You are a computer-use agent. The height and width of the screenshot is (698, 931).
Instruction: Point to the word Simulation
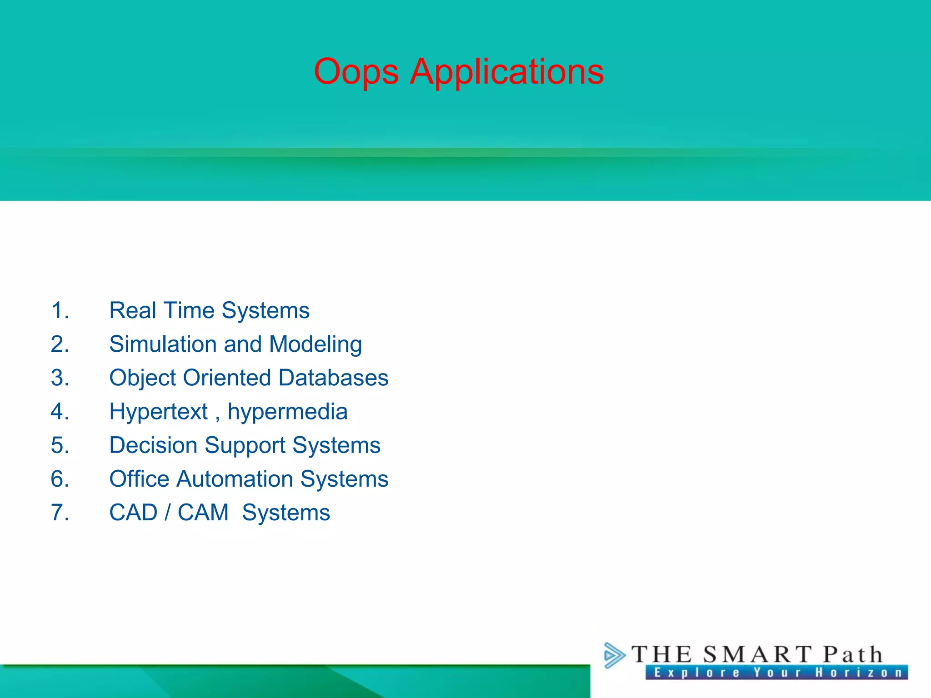(x=163, y=344)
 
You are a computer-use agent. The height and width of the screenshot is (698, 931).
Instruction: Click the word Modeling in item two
(x=315, y=344)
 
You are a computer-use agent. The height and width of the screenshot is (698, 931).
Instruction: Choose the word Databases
(x=333, y=378)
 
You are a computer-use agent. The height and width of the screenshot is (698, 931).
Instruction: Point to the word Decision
(x=153, y=445)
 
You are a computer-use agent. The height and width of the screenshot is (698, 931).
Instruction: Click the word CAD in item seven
(x=133, y=513)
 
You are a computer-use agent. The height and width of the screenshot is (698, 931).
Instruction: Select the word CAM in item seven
(x=203, y=513)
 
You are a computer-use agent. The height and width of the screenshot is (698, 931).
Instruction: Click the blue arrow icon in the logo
(x=614, y=655)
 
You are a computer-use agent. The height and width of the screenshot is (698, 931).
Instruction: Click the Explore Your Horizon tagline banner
(x=776, y=673)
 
